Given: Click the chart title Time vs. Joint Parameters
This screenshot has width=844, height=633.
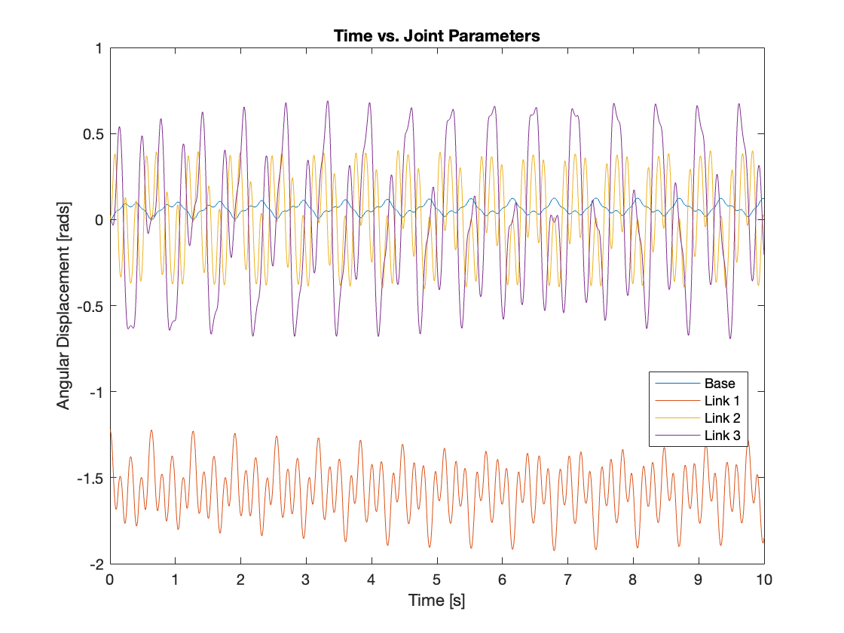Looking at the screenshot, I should [437, 36].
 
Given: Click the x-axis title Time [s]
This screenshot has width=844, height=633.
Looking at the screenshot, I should [437, 601].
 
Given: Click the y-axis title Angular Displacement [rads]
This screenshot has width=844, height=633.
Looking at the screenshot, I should [63, 305].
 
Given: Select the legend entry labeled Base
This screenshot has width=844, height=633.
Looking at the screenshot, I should [720, 384].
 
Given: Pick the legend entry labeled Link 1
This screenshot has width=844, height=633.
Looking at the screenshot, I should [721, 400].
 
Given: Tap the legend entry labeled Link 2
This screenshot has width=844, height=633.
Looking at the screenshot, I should [721, 417].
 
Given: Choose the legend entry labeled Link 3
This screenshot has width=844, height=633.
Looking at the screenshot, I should [721, 435].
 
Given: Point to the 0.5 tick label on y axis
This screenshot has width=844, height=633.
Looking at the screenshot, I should [92, 134].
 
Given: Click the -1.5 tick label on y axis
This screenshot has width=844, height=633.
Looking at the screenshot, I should [90, 478].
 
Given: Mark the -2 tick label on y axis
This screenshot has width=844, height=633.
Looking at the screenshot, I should [95, 564].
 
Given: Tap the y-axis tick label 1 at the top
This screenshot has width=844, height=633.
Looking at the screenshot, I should [98, 48].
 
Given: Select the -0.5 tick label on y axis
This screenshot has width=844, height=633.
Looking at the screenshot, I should [90, 306].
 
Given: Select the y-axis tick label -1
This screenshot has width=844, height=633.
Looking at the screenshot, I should [95, 392].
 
